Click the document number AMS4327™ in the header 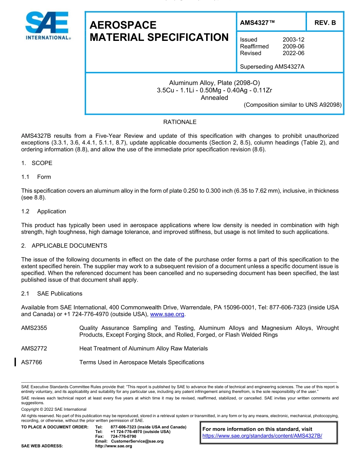click(257, 23)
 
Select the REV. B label click(325, 23)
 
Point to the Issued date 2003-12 click(293, 40)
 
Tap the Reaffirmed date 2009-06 click(293, 47)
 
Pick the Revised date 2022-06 click(293, 53)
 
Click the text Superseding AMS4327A click(272, 67)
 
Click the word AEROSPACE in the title click(123, 25)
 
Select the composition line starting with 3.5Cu click(214, 90)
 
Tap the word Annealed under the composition click(214, 98)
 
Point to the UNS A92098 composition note click(293, 105)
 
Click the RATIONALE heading click(180, 122)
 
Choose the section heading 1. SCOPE click(37, 163)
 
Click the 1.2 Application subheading click(44, 212)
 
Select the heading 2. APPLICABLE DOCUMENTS click(64, 246)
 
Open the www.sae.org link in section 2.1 click(167, 314)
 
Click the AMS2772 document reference click(34, 348)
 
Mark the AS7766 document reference click(32, 362)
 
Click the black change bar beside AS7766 click(15, 362)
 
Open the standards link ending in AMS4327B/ click(262, 436)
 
